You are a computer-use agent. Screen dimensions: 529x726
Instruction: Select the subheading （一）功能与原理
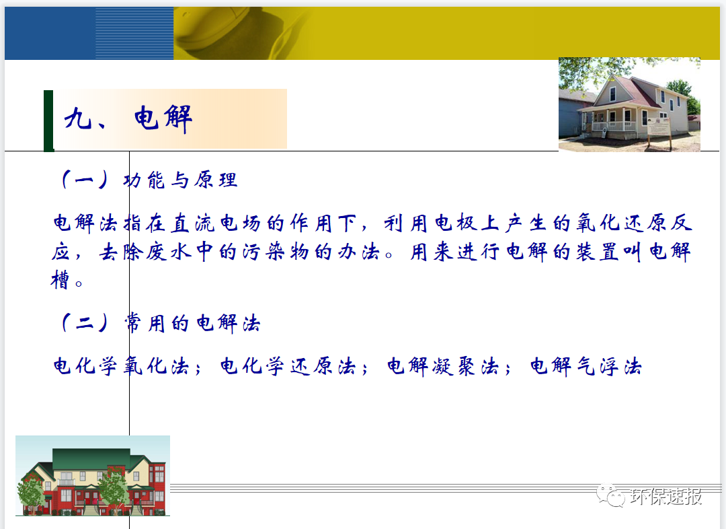coord(147,180)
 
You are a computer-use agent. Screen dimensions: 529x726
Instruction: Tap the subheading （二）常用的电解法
coord(159,324)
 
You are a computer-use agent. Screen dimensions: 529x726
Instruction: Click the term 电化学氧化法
coord(121,367)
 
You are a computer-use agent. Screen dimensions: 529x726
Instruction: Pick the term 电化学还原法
coord(288,367)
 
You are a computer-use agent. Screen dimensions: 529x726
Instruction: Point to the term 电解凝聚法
coord(443,367)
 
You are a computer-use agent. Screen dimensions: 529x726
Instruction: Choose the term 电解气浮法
coord(586,367)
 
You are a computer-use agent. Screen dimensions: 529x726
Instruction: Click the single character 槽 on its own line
coord(61,279)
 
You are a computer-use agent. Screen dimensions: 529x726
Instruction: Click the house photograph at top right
coord(629,104)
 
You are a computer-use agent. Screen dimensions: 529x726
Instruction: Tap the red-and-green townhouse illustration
coord(93,476)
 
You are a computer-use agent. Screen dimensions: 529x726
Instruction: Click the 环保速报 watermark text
coord(667,497)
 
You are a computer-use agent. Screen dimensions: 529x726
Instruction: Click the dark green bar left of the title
coord(48,120)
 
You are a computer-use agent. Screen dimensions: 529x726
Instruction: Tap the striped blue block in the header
coord(134,33)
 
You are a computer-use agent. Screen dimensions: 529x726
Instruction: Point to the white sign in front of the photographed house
coord(660,126)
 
